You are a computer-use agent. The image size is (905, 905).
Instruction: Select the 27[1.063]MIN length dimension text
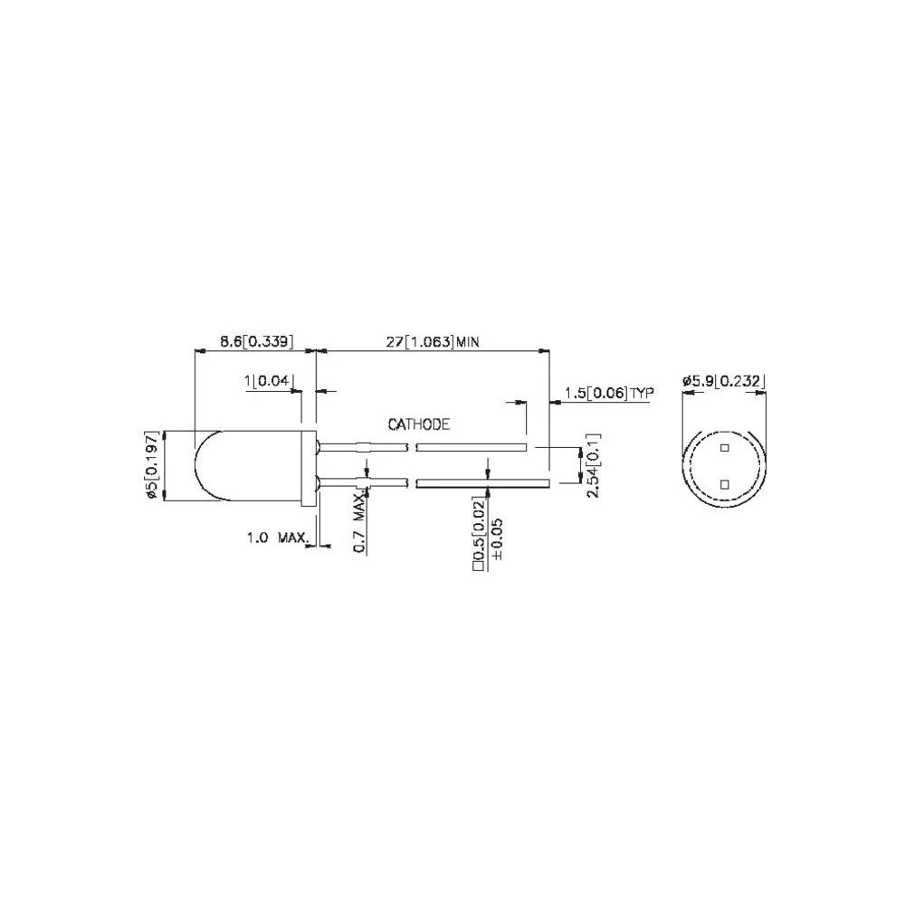(431, 341)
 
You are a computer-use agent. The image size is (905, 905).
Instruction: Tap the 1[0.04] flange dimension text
(269, 382)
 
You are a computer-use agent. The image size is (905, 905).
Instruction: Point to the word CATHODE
(418, 424)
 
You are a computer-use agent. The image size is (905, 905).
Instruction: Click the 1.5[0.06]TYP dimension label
(608, 392)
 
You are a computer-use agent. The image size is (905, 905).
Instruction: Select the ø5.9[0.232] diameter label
(723, 382)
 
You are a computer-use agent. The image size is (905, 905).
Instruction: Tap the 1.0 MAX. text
(277, 538)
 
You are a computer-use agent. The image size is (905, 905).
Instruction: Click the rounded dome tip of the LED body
(200, 465)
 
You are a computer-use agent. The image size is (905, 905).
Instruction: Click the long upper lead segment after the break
(471, 446)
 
